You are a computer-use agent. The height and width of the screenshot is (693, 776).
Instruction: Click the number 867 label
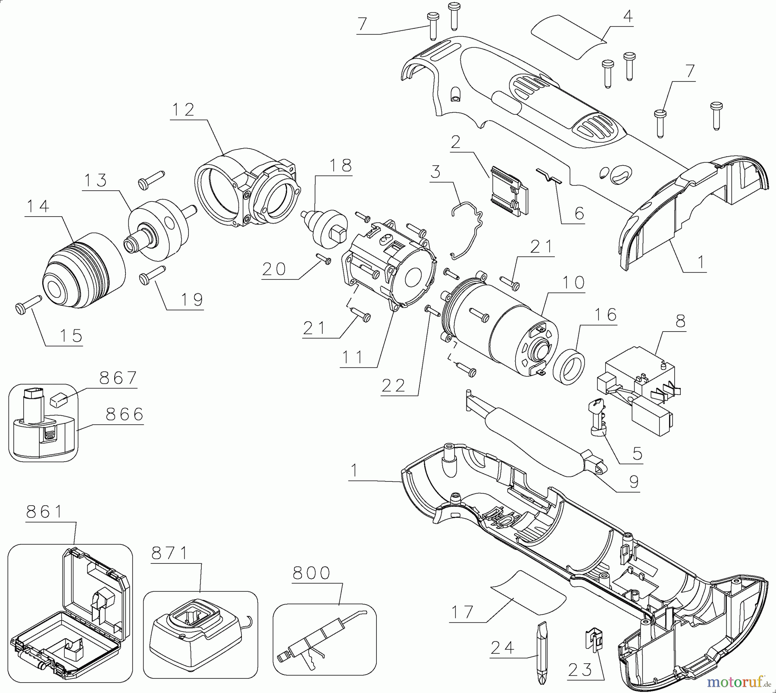[118, 379]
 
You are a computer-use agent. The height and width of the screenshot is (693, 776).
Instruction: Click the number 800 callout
[311, 573]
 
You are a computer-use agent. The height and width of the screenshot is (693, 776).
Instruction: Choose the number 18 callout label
[340, 165]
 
